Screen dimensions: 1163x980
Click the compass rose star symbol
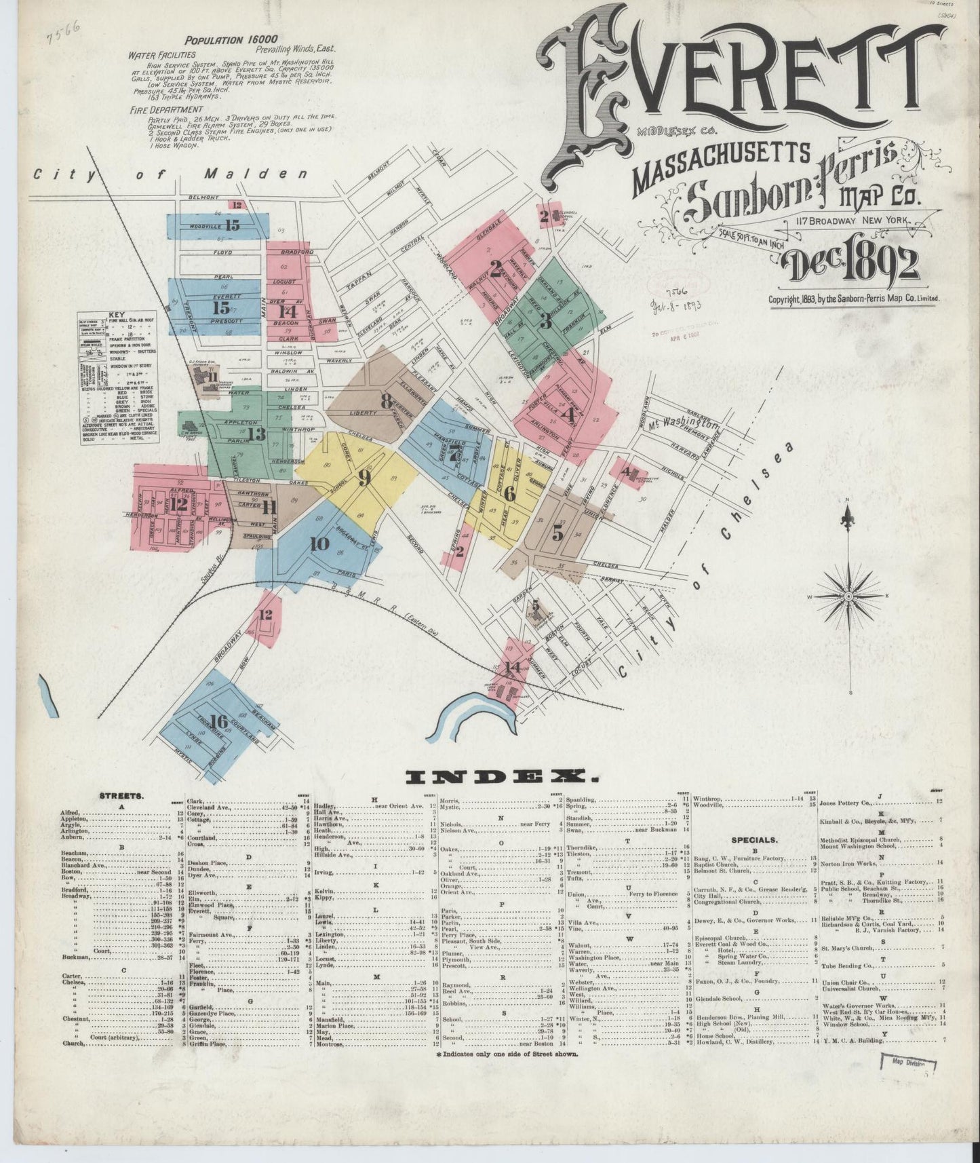(x=847, y=596)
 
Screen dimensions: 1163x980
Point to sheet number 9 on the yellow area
(x=364, y=479)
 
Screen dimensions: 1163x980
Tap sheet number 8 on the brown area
(x=386, y=401)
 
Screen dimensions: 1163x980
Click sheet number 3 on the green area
(x=545, y=322)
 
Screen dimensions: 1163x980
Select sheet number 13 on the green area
(x=256, y=434)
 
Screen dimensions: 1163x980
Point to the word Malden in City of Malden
(x=257, y=174)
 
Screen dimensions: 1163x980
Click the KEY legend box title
(x=117, y=316)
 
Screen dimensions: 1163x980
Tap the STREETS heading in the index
(x=120, y=796)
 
